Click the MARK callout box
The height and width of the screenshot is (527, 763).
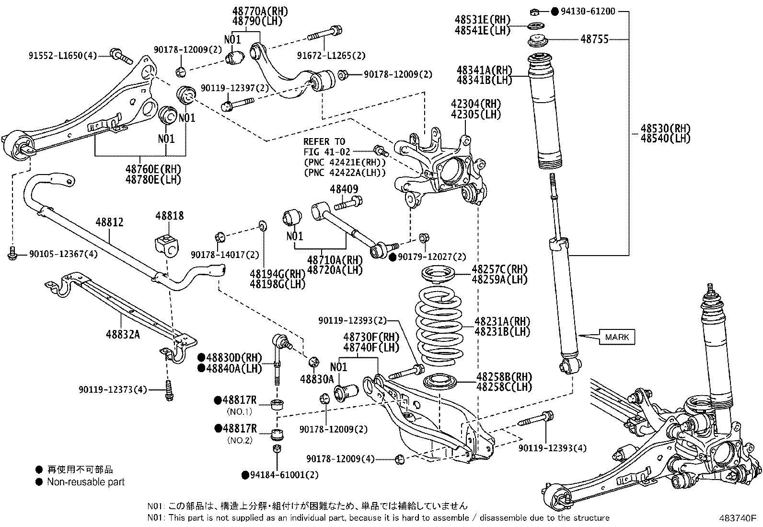pyautogui.click(x=617, y=337)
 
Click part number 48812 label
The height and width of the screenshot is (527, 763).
pyautogui.click(x=109, y=222)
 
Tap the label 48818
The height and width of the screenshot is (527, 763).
pyautogui.click(x=169, y=216)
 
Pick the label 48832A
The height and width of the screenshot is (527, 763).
pyautogui.click(x=123, y=334)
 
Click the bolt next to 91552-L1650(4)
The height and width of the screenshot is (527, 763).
pyautogui.click(x=120, y=56)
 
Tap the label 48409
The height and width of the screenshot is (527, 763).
pyautogui.click(x=344, y=189)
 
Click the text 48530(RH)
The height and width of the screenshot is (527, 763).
pyautogui.click(x=666, y=128)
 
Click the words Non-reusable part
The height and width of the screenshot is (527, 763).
pyautogui.click(x=86, y=482)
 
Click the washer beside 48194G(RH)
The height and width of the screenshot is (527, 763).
pyautogui.click(x=262, y=225)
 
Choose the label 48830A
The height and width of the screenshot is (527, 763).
pyautogui.click(x=316, y=379)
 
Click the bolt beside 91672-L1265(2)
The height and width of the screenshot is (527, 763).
pyautogui.click(x=325, y=34)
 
